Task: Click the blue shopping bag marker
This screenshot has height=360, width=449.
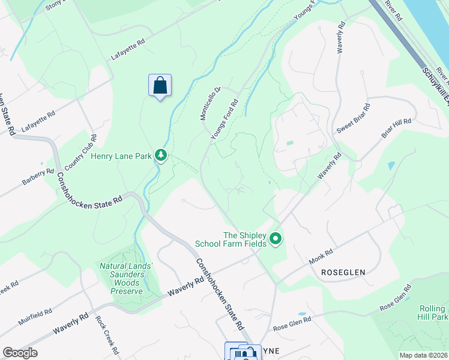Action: coord(160,86)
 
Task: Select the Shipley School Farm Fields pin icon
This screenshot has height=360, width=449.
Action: coord(276,239)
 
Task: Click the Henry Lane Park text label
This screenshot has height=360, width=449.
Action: coord(121,157)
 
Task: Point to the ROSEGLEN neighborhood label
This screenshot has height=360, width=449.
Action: coord(343,272)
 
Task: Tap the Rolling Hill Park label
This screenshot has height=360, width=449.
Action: coord(433,312)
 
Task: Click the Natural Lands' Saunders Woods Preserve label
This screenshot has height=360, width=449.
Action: coord(127,278)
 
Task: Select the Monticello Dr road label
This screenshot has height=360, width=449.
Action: coord(211,103)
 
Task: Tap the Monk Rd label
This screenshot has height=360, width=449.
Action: coord(321,259)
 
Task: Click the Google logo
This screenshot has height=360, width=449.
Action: coord(20,353)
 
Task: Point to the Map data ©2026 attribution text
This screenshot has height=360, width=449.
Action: coord(423,355)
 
